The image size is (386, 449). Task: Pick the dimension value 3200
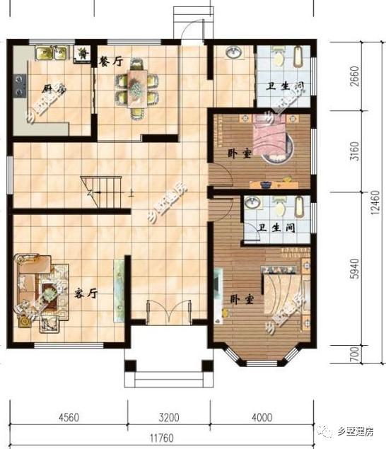[x=170, y=415]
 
